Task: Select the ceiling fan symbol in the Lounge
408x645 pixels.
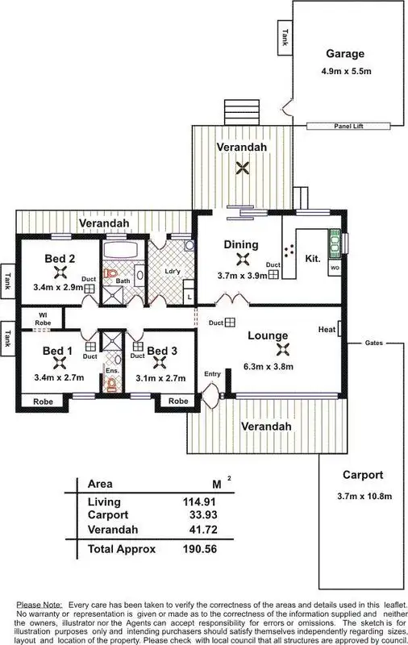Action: [282, 350]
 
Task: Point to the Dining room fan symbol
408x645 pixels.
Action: [241, 260]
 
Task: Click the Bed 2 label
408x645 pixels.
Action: [60, 259]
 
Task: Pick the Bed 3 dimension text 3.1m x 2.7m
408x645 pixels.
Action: [161, 377]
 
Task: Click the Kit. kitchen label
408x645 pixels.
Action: [313, 260]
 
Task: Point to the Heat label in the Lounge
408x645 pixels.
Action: [327, 330]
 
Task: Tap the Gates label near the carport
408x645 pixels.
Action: [374, 342]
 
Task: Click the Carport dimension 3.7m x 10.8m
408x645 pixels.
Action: [362, 495]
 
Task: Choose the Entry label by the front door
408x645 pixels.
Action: [213, 373]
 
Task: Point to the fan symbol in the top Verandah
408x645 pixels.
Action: [240, 168]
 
